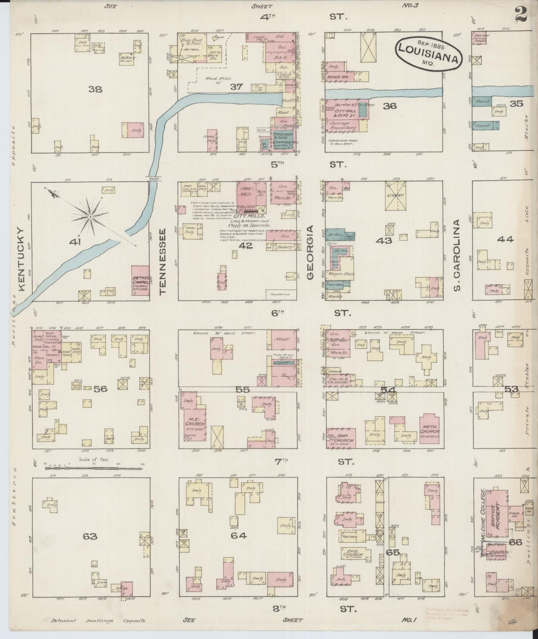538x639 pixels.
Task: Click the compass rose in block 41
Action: [x=90, y=216]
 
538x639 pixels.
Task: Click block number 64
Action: [x=238, y=536]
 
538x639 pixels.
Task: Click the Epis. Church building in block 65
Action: [x=353, y=555]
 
